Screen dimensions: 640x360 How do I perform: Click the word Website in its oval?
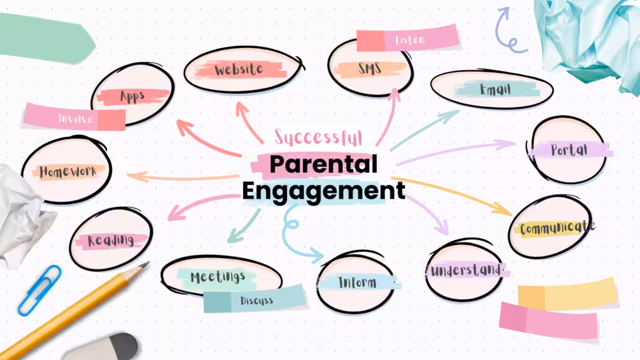tap(239, 69)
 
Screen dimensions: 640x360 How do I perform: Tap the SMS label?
tap(370, 68)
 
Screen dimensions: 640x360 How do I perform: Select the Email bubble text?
tap(495, 89)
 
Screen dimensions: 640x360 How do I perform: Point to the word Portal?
tap(569, 150)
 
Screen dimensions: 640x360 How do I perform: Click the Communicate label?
tap(557, 227)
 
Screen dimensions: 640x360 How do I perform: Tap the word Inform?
tap(357, 282)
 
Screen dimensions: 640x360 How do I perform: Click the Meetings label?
tap(218, 277)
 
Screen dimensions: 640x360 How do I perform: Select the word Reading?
tap(111, 240)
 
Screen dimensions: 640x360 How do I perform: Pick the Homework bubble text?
tap(68, 171)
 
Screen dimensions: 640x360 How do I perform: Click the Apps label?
tap(132, 97)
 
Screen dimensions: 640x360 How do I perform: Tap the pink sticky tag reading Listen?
tap(407, 38)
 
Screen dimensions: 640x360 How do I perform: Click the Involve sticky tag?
tap(74, 117)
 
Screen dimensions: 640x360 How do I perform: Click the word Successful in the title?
tap(318, 137)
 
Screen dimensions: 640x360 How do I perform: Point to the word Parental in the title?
tap(323, 164)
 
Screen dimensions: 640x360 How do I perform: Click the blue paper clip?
tap(39, 290)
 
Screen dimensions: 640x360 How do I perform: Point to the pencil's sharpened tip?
tap(147, 263)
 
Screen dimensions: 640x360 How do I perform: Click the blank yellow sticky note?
tap(567, 293)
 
